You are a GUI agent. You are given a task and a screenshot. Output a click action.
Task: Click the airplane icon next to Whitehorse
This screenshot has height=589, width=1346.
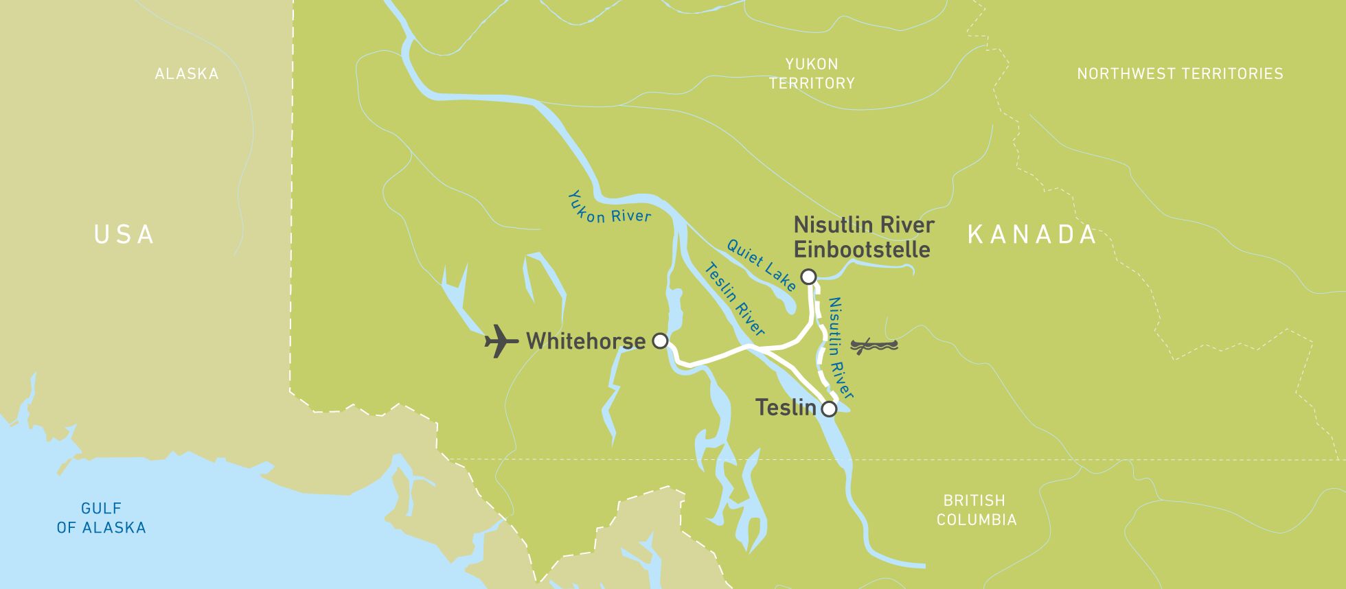pos(501,341)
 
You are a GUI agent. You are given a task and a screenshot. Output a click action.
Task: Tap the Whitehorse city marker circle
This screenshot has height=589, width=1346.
pos(660,340)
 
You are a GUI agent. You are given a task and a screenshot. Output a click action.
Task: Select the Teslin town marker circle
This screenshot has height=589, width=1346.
pos(829,409)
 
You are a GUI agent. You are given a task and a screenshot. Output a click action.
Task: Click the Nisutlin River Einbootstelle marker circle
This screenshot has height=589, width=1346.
pos(808,277)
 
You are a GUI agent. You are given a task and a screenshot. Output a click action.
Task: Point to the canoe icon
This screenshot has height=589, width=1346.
pos(874,345)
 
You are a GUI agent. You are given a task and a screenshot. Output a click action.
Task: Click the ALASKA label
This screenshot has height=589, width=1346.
pos(186,73)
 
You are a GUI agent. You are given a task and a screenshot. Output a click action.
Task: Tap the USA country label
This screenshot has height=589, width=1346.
pos(124,235)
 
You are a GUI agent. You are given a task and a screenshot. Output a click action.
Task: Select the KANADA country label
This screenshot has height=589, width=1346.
pos(1032,235)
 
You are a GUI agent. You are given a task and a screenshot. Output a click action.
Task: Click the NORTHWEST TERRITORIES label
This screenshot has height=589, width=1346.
pos(1179,73)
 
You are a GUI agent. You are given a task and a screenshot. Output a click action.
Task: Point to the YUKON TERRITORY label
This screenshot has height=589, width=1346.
pos(812,73)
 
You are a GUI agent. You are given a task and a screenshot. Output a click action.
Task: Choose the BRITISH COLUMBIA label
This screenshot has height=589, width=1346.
pos(976,510)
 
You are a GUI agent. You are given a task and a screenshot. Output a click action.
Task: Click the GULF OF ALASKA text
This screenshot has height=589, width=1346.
pos(101,518)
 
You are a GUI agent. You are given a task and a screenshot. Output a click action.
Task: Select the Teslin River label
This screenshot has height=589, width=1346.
pos(733,299)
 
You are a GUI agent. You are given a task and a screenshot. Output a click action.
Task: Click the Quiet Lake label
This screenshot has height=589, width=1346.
pos(762,264)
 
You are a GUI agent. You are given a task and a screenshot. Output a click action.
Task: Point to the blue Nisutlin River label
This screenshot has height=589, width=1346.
pos(841,348)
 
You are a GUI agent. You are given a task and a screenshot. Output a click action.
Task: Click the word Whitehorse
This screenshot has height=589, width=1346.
pos(585,341)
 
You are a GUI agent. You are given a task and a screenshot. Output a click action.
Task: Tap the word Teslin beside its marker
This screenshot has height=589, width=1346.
pos(786,408)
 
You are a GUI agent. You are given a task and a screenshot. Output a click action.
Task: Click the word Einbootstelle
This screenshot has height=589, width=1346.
pos(862,249)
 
